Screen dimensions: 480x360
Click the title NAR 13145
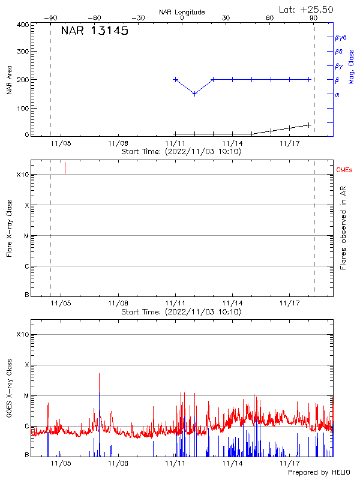[x=95, y=32]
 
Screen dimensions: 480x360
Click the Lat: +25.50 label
[x=307, y=9]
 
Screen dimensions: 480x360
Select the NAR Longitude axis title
[x=182, y=12]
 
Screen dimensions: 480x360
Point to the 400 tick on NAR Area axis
[x=22, y=25]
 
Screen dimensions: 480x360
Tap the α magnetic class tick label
[x=337, y=94]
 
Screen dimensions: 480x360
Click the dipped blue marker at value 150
[x=194, y=94]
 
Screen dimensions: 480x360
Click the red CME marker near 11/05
[x=65, y=168]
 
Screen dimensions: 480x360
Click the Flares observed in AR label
[x=344, y=227]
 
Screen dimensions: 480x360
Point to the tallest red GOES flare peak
[x=99, y=374]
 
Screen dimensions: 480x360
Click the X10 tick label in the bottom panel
[x=22, y=334]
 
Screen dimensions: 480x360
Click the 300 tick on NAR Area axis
[x=22, y=52]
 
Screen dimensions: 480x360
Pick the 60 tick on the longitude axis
[x=270, y=18]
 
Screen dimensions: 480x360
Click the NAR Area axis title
[x=10, y=80]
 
